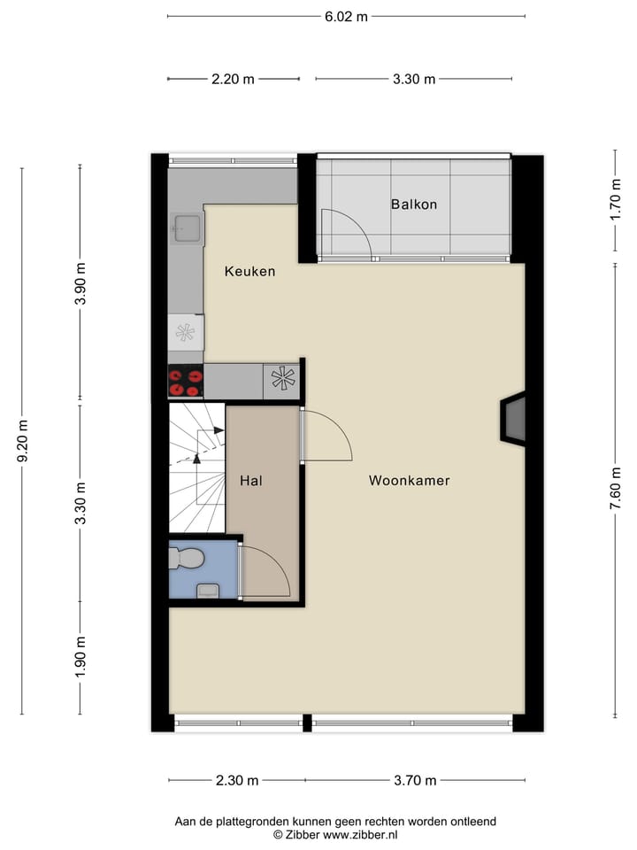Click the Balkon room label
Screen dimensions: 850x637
413,205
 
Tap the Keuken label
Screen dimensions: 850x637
249,271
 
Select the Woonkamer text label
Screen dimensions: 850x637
409,481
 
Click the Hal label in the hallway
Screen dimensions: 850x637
250,481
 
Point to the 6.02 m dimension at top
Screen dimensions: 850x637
345,16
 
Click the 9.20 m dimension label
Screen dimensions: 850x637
23,441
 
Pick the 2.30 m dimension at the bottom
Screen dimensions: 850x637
236,780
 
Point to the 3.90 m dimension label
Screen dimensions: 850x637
81,283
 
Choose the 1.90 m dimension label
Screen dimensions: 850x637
81,656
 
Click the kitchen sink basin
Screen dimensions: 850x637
188,228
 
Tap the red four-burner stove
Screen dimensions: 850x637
186,382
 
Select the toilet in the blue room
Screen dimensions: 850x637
188,558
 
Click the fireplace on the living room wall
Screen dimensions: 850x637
514,419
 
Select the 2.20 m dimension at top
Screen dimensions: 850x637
233,79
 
